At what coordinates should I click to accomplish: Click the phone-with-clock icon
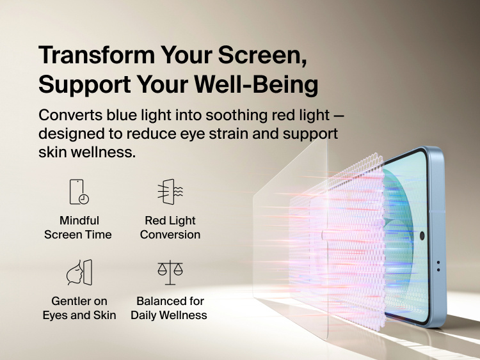(79, 192)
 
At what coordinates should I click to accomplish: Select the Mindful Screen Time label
(79, 228)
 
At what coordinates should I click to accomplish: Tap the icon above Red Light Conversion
(170, 192)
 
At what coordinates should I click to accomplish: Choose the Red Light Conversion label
(170, 228)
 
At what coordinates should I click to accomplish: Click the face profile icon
(79, 272)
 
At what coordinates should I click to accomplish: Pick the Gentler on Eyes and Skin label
(79, 308)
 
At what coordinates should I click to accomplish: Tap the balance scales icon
(170, 272)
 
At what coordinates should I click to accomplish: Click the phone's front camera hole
(422, 236)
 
